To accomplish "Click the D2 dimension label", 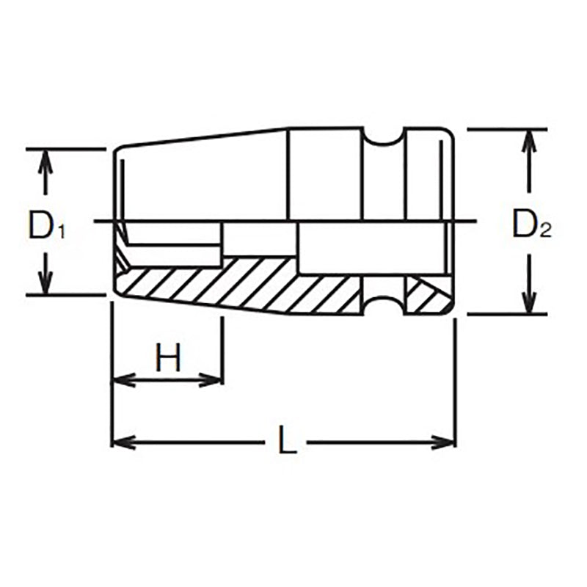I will (531, 225).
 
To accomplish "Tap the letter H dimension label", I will (168, 359).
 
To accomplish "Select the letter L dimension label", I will (287, 442).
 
